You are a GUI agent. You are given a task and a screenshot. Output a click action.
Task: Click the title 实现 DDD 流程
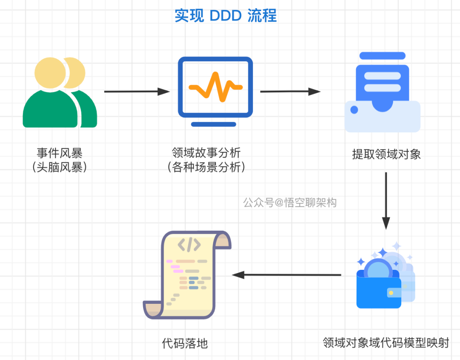226,16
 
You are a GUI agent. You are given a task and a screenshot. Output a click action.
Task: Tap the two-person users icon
60,92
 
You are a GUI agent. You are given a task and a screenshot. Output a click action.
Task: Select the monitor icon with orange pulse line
216,91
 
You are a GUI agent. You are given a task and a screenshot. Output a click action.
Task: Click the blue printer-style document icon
382,92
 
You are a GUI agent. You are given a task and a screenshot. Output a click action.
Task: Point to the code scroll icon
187,275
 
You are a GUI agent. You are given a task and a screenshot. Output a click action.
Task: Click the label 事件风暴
60,153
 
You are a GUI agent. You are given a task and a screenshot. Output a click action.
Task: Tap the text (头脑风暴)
60,167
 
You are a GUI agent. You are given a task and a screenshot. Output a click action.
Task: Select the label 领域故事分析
206,153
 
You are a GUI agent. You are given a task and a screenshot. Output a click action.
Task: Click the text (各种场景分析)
206,167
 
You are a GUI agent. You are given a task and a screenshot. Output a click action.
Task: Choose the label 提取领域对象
386,154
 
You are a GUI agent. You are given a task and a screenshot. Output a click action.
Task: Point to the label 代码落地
185,343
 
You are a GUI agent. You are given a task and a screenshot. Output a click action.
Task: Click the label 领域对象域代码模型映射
386,343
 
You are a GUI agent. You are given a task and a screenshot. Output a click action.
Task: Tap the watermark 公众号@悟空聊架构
290,203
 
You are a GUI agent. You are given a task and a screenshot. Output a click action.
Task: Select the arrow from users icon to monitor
137,91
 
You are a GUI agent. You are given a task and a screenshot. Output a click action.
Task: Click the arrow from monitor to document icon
290,91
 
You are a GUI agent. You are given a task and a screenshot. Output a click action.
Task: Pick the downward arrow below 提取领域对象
386,201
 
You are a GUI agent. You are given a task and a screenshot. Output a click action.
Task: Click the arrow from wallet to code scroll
286,275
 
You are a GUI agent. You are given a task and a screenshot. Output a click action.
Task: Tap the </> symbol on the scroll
189,245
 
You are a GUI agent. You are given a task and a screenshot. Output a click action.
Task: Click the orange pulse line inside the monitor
216,87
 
